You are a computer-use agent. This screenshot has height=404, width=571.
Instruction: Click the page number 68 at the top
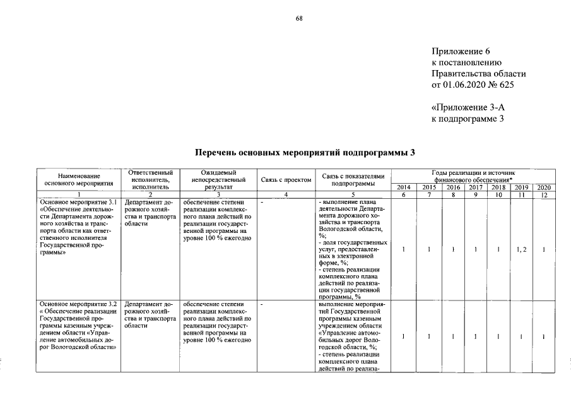pyautogui.click(x=299, y=18)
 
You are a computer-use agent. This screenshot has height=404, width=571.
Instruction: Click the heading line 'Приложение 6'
pyautogui.click(x=461, y=51)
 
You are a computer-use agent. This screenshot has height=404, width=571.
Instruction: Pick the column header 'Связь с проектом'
pyautogui.click(x=286, y=180)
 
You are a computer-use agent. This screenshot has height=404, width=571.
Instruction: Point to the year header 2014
pyautogui.click(x=404, y=187)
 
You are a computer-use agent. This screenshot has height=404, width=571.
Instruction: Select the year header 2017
pyautogui.click(x=476, y=187)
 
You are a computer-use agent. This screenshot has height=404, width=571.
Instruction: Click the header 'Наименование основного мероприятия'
pyautogui.click(x=79, y=180)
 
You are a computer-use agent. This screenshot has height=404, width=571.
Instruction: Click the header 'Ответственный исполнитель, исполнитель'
pyautogui.click(x=150, y=180)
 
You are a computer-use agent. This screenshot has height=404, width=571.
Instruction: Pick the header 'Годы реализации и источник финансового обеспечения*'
pyautogui.click(x=474, y=176)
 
